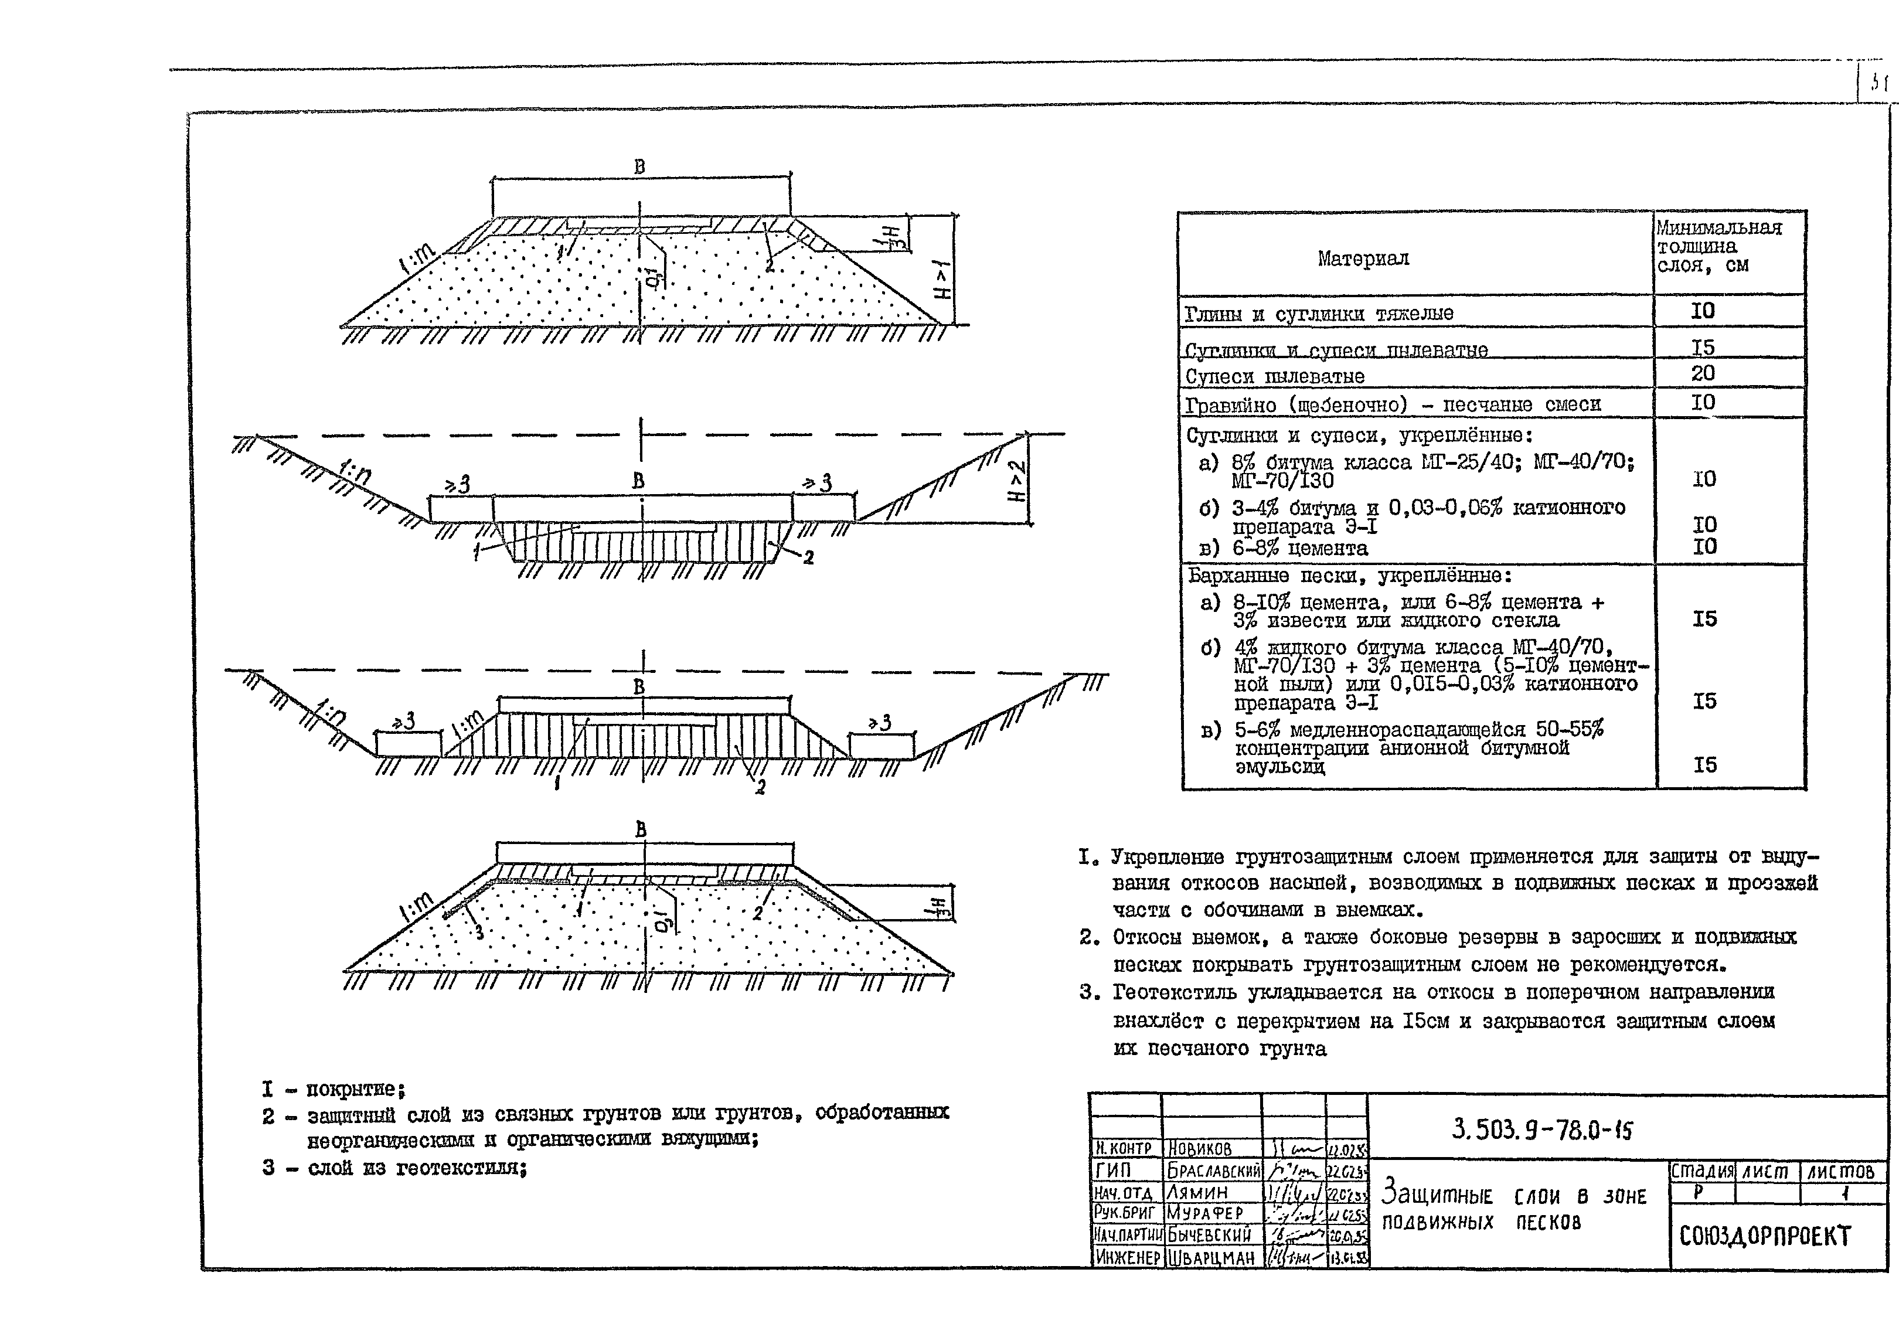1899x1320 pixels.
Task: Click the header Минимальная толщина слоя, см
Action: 1718,246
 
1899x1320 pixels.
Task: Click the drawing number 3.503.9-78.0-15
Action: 1543,1130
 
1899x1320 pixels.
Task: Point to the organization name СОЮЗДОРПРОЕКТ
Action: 1765,1236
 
